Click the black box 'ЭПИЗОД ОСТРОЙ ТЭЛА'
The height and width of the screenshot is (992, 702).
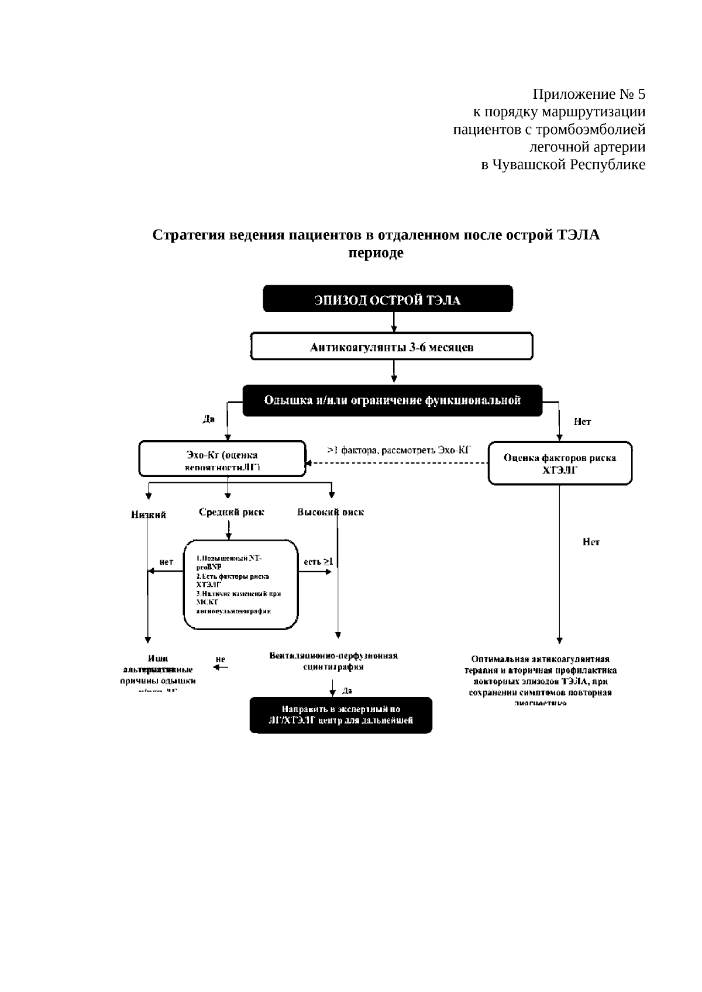[387, 299]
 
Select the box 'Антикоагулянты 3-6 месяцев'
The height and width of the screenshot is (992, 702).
[391, 347]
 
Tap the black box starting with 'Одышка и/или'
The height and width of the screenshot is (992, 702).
[392, 400]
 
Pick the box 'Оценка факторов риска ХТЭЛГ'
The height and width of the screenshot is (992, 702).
[560, 463]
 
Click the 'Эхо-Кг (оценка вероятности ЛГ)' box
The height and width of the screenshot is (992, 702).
[222, 459]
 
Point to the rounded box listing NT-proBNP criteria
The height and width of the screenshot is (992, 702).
[240, 585]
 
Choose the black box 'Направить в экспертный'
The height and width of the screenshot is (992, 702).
[340, 714]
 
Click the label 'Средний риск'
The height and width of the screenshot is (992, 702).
[231, 512]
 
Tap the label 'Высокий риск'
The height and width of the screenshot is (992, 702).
[331, 512]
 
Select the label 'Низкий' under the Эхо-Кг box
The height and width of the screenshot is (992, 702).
[149, 514]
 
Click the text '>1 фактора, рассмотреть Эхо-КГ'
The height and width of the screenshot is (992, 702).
[399, 450]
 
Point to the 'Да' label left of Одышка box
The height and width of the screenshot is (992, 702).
[208, 419]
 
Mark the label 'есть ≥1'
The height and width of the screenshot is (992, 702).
[318, 562]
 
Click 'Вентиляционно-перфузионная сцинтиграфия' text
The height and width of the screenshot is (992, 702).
[333, 661]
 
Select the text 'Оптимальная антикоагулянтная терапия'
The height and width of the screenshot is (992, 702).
[541, 665]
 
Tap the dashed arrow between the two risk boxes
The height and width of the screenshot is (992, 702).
[398, 464]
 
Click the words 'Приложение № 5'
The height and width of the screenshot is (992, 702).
[589, 94]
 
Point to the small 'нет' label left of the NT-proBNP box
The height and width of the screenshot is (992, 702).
[166, 562]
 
